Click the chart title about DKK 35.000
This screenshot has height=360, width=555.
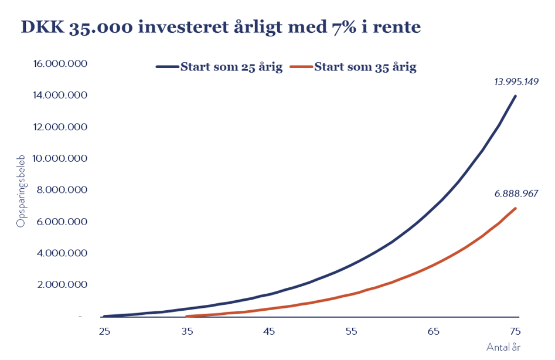(x=221, y=27)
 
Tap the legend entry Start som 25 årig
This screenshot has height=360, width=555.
(x=219, y=67)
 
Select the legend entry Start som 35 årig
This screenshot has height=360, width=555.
(x=353, y=67)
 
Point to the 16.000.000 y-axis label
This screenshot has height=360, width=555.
(x=60, y=64)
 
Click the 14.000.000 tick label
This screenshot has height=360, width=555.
(x=60, y=95)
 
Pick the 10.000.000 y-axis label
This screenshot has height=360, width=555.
(x=60, y=158)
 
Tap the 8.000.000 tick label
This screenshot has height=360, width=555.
(x=62, y=190)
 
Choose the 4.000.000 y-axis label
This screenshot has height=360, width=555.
(x=62, y=253)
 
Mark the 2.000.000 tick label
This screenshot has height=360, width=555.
(x=62, y=284)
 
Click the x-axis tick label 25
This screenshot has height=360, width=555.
(x=105, y=331)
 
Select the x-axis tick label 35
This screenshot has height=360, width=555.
(x=187, y=331)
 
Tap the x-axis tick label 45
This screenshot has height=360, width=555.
(x=269, y=331)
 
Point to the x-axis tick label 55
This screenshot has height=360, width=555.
(x=351, y=331)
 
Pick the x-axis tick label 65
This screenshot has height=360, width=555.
(x=433, y=331)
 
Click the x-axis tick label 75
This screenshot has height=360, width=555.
(x=515, y=331)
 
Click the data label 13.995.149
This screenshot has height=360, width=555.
(x=516, y=81)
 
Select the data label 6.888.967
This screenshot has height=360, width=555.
(x=516, y=193)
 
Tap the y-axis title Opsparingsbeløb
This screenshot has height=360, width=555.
(x=21, y=191)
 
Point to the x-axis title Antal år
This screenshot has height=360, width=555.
(x=503, y=347)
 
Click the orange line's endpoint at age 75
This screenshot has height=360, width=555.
(x=515, y=209)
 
